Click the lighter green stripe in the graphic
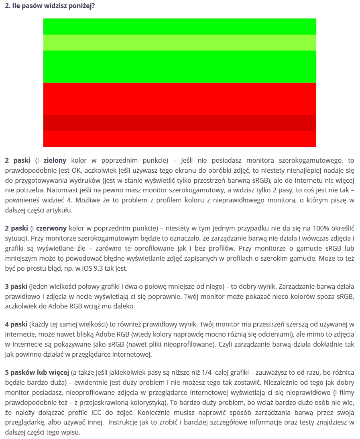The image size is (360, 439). pos(179,43)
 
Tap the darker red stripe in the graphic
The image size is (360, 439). pos(179,123)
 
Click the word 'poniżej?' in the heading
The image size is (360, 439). pos(82,7)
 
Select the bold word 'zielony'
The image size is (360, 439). pos(55,160)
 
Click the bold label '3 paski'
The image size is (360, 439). pos(16,286)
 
